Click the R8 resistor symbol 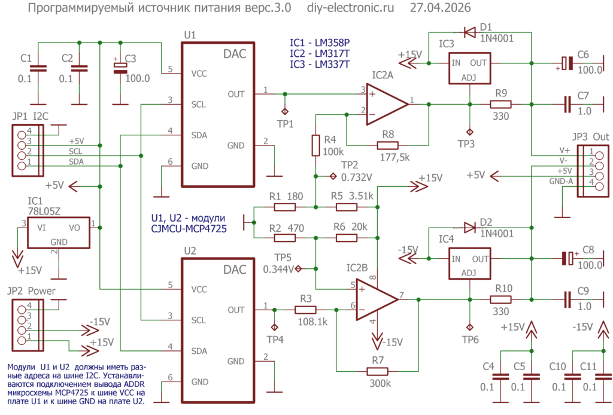pos(387,146)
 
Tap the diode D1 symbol pos(469,32)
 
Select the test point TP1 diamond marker pos(285,111)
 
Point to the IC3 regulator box pos(469,68)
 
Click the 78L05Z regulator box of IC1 pos(58,233)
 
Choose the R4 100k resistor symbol pos(315,146)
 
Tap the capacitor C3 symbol pos(120,68)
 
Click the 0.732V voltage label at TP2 pos(357,178)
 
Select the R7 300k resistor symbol pos(377,371)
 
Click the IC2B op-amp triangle pos(377,299)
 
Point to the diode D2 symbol pos(469,227)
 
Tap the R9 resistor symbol pos(501,104)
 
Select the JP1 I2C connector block pos(28,150)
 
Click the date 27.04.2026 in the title pos(440,8)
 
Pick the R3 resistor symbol pos(305,310)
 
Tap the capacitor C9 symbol pos(568,299)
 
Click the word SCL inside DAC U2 pos(199,320)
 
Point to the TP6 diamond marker pos(470,327)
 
